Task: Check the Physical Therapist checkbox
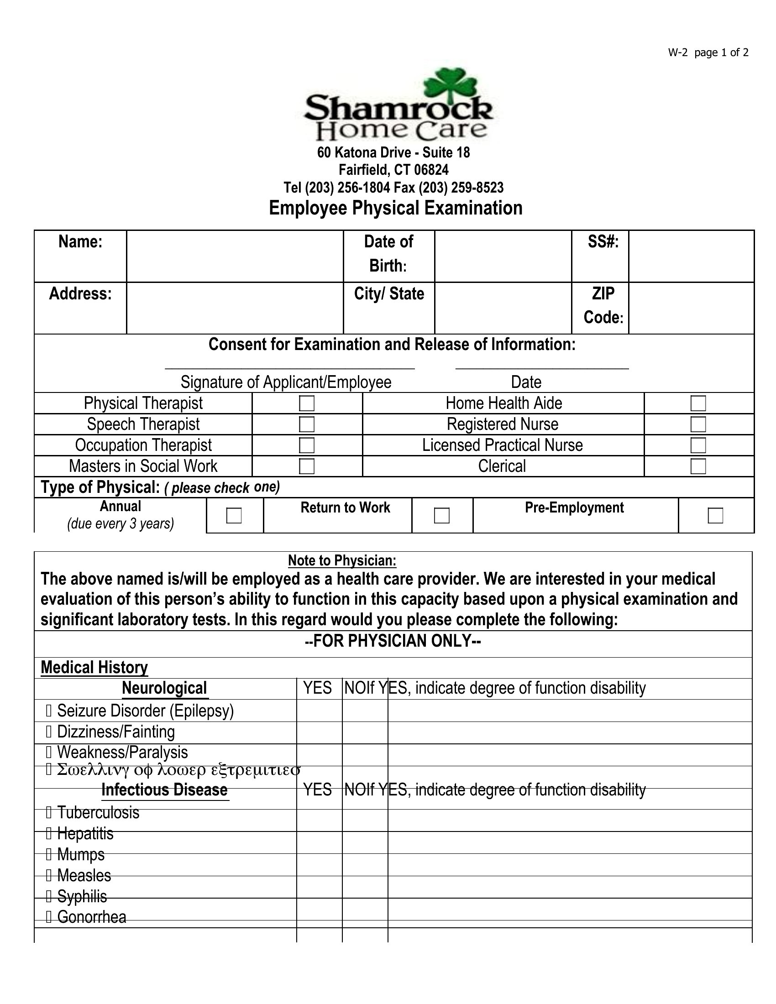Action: pyautogui.click(x=307, y=403)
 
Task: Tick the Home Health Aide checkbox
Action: pyautogui.click(x=698, y=403)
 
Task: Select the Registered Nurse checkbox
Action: pyautogui.click(x=698, y=424)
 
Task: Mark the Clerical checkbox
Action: pyautogui.click(x=698, y=466)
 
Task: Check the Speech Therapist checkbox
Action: pyautogui.click(x=307, y=424)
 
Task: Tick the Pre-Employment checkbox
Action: pyautogui.click(x=715, y=515)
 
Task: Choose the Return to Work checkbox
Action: pyautogui.click(x=442, y=515)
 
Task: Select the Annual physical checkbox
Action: pyautogui.click(x=234, y=515)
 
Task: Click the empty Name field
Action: pyautogui.click(x=235, y=256)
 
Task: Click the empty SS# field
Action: pyautogui.click(x=691, y=256)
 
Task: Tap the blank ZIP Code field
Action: pyautogui.click(x=691, y=308)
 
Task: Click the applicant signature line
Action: pyautogui.click(x=289, y=366)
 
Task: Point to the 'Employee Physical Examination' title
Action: pyautogui.click(x=395, y=208)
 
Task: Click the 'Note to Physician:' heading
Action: pyautogui.click(x=342, y=560)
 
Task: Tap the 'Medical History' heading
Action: pyautogui.click(x=94, y=668)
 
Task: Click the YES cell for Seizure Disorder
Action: pyautogui.click(x=319, y=711)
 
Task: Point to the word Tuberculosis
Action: pyautogui.click(x=98, y=812)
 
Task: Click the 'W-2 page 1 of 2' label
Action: pyautogui.click(x=708, y=52)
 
